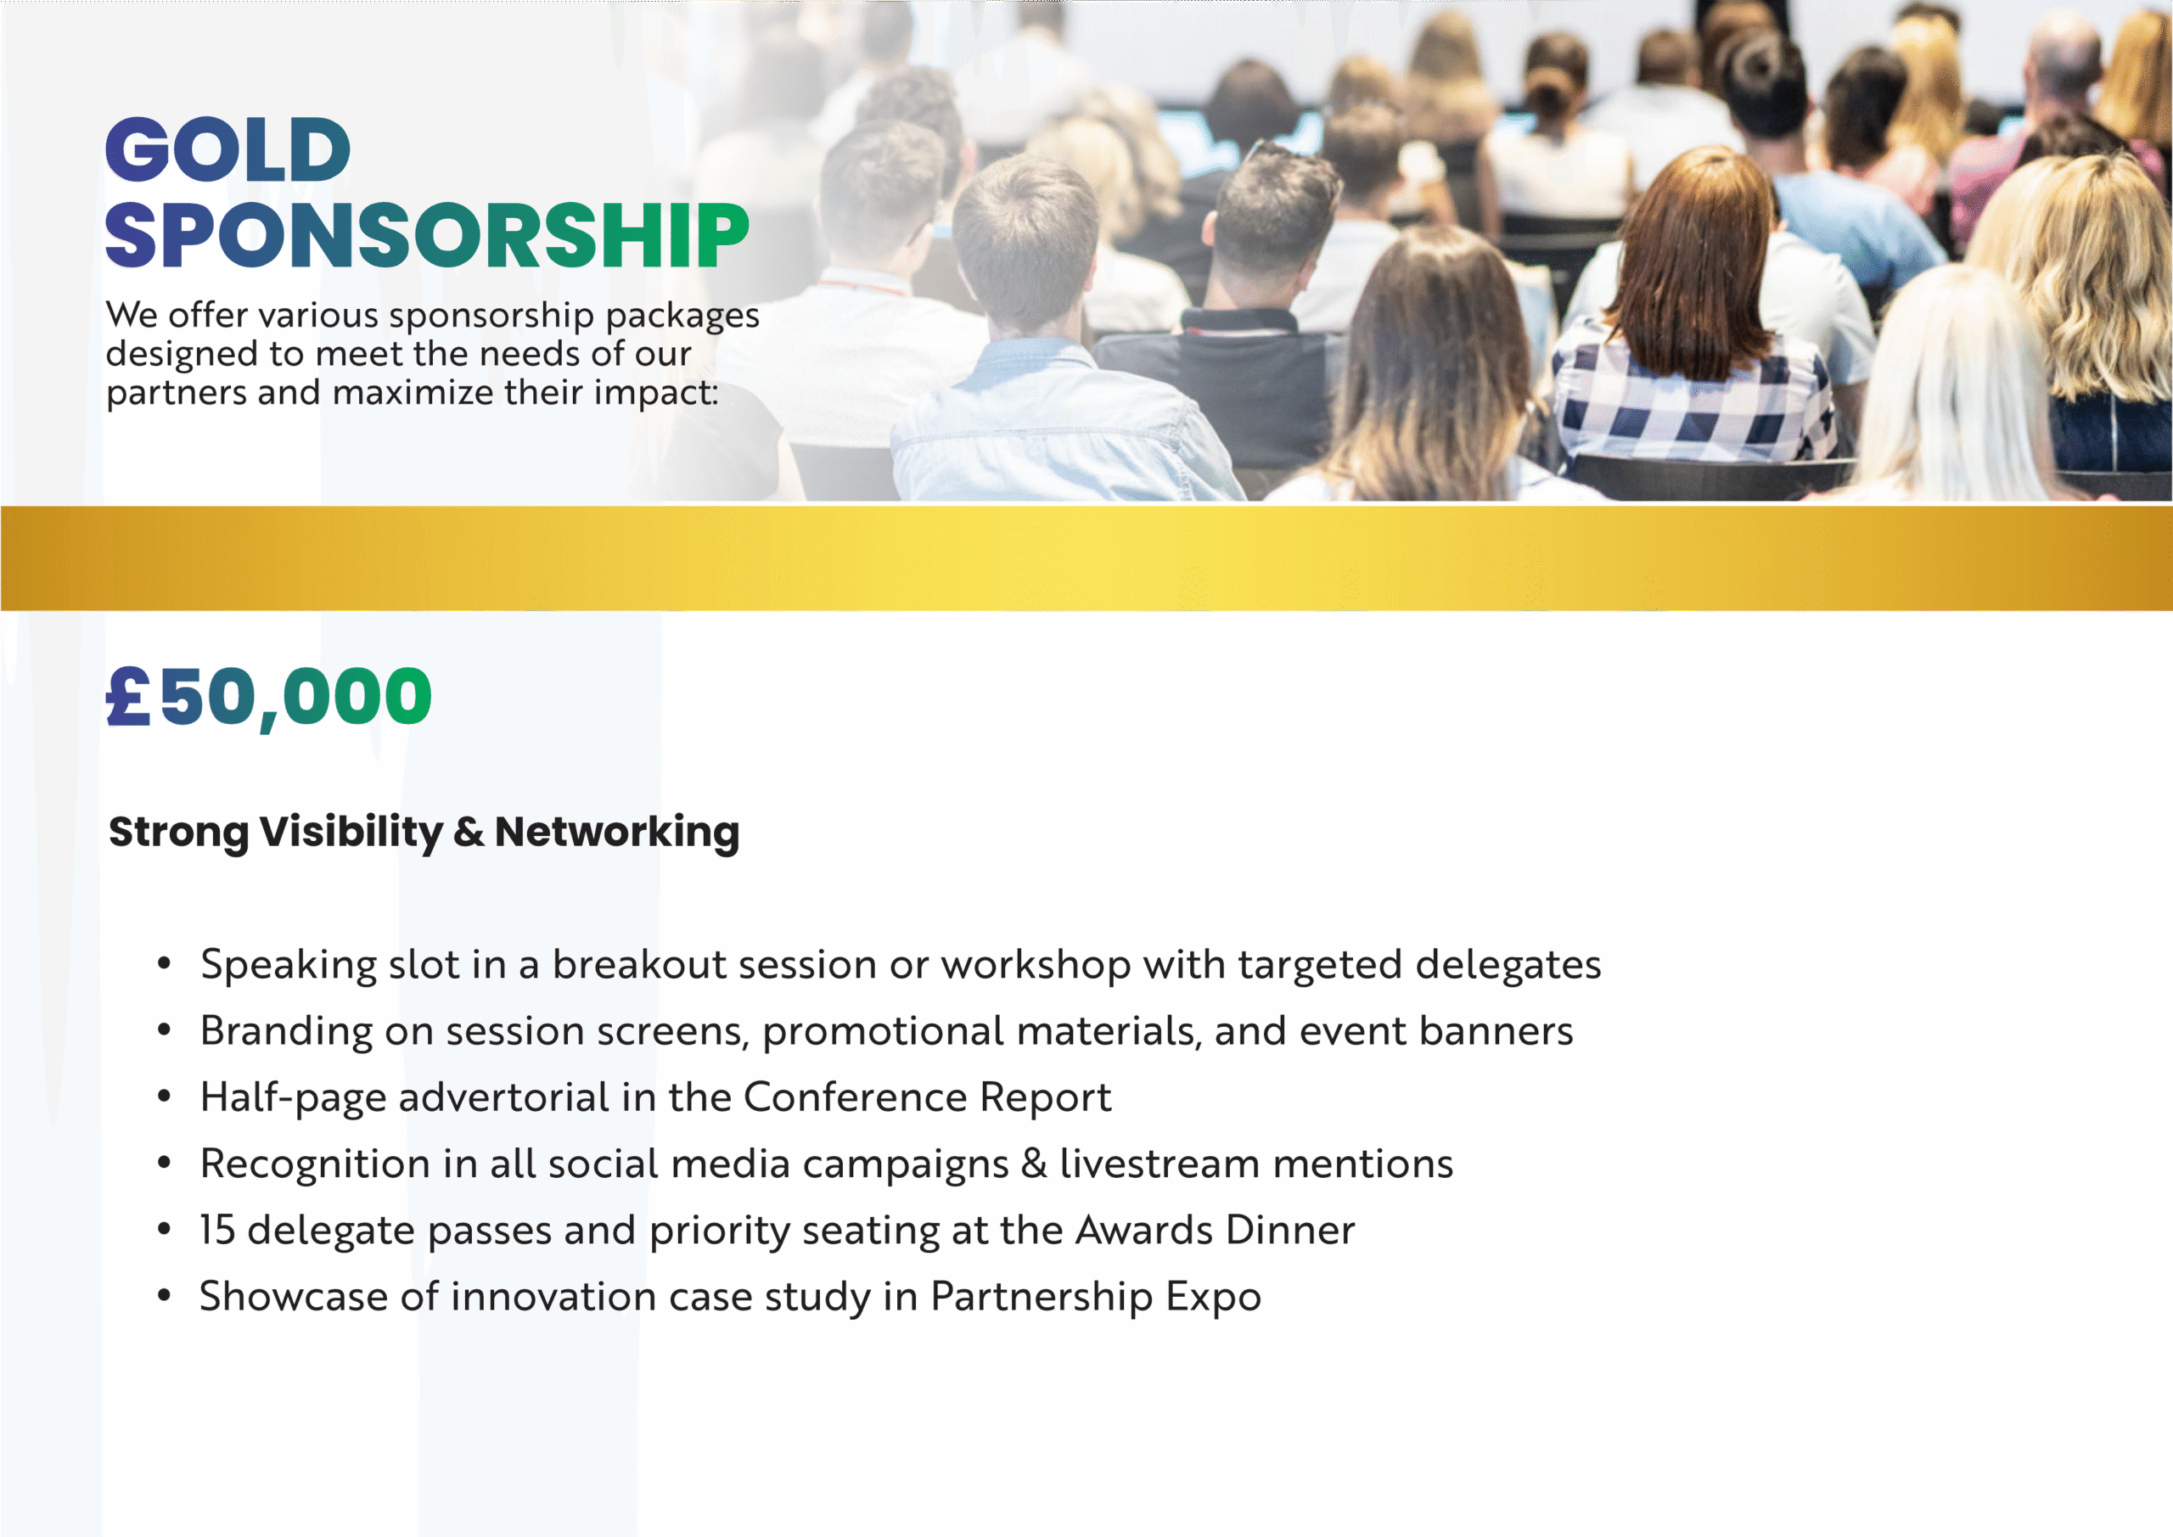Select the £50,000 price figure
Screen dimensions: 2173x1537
[x=269, y=698]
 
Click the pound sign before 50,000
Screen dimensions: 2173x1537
[x=128, y=696]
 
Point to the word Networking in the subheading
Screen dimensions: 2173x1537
[x=617, y=833]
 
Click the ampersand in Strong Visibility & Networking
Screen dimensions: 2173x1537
[x=469, y=832]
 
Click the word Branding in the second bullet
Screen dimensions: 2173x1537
[x=287, y=1032]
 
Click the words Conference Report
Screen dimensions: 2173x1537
[x=928, y=1098]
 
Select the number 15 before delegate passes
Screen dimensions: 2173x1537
[x=216, y=1231]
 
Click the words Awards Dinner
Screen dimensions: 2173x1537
[x=1216, y=1231]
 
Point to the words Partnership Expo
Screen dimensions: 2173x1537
[x=1096, y=1298]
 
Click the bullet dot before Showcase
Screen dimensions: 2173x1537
[x=165, y=1296]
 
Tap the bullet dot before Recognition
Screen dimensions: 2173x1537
[x=165, y=1164]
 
